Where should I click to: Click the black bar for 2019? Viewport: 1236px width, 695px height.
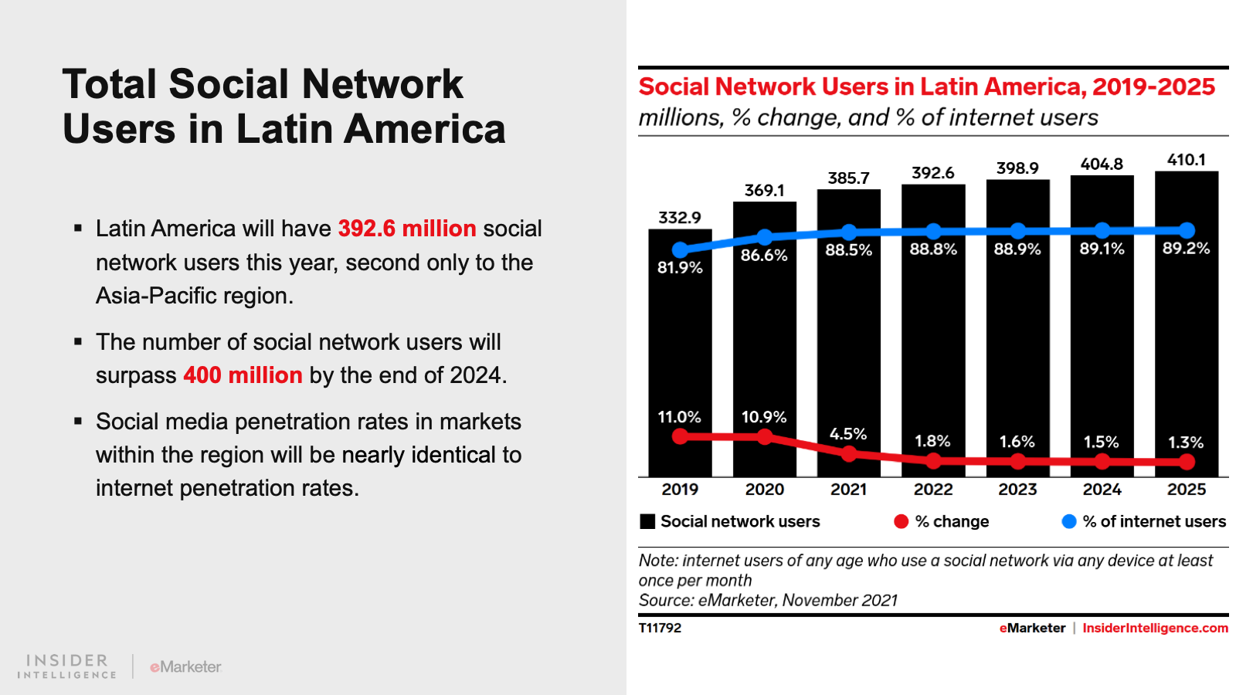tap(680, 347)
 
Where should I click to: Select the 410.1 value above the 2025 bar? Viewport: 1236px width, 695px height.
tap(1186, 160)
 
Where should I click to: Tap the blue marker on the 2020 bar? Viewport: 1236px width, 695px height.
tap(765, 236)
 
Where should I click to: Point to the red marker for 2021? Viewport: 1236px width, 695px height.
tap(849, 453)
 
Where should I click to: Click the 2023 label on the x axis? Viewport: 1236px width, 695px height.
tap(1017, 490)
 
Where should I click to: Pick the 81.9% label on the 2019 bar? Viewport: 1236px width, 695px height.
tap(680, 268)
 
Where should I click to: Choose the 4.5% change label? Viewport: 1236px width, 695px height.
tap(848, 434)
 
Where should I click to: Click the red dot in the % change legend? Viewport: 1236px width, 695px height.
tap(901, 521)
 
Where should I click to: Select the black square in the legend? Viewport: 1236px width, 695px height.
tap(647, 521)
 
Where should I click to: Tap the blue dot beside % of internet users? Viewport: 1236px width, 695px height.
tap(1069, 521)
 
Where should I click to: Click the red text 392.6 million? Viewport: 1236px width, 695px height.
tap(406, 229)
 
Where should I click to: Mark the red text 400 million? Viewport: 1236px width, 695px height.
tap(243, 375)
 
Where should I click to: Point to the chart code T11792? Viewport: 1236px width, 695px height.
tap(660, 628)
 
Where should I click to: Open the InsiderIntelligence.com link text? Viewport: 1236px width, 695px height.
tap(1155, 628)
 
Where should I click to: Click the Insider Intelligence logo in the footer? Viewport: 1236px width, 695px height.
tap(66, 666)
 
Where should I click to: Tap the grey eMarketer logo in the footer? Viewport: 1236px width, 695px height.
tap(185, 666)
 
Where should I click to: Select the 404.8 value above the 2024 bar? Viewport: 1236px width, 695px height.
tap(1102, 164)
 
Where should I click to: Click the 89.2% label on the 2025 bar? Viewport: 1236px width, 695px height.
tap(1186, 249)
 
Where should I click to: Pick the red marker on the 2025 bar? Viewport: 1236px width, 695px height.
tap(1187, 462)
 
